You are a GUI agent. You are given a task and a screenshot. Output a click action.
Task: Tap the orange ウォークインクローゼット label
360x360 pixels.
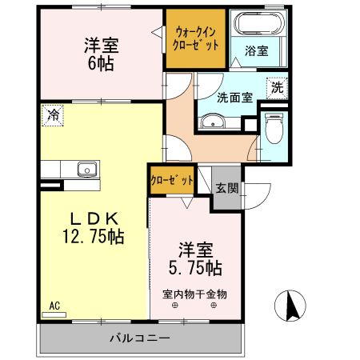point(196,37)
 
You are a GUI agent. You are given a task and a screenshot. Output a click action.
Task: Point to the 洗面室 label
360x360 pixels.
point(235,98)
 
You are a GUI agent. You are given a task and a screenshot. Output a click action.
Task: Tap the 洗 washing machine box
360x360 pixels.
point(276,86)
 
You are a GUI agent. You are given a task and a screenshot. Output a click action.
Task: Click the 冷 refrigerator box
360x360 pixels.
point(51,115)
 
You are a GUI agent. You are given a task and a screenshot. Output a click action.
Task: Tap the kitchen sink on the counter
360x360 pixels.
point(86,169)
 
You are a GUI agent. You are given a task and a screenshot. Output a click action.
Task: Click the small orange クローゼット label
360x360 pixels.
point(172,181)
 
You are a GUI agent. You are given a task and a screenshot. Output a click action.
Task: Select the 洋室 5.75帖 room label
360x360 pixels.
point(194,256)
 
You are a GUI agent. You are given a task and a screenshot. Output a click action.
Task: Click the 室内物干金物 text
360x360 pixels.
point(194,294)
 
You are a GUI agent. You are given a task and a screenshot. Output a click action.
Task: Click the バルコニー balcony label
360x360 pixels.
point(140,338)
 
